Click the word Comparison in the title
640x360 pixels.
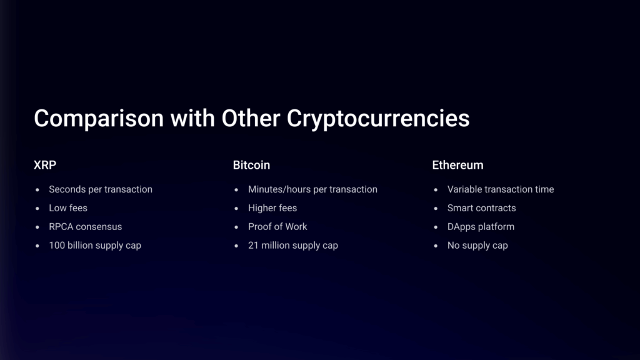[x=99, y=119]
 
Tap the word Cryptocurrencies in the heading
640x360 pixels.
[x=378, y=119]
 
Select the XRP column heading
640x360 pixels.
[x=45, y=165]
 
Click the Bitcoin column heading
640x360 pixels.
[x=251, y=165]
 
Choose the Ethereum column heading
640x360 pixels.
[x=457, y=165]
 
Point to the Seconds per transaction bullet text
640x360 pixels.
[x=101, y=189]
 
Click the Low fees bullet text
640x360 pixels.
[x=68, y=207]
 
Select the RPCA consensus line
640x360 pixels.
[x=85, y=226]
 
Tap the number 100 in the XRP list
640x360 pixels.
[x=56, y=245]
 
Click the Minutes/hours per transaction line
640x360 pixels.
[x=312, y=189]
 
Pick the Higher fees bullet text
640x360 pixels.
[x=272, y=208]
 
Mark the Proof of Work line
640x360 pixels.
[x=277, y=226]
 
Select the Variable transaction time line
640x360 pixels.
[x=501, y=189]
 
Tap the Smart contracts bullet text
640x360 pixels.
[x=482, y=207]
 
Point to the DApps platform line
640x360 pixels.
[x=481, y=227]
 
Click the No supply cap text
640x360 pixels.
[x=477, y=246]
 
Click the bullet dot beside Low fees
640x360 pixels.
[x=37, y=209]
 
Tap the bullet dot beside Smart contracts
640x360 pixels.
[x=436, y=209]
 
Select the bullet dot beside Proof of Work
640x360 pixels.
[x=236, y=227]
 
